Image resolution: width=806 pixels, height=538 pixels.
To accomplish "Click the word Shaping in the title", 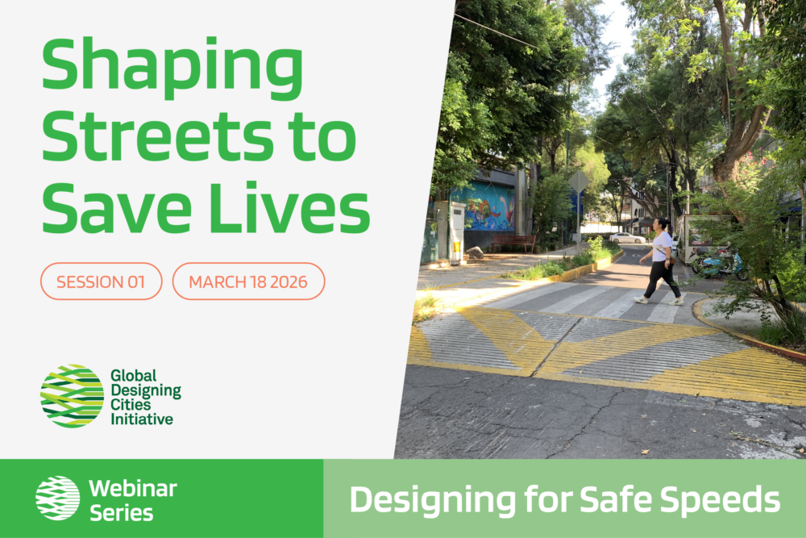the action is coord(172,69).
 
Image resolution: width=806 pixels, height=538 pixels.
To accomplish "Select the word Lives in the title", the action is coord(290,207).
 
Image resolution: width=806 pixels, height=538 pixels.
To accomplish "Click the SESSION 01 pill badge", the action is coord(102,282).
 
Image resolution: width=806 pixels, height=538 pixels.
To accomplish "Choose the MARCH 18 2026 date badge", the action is coord(248,282).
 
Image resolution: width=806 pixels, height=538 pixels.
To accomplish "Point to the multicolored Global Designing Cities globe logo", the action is coord(72,396).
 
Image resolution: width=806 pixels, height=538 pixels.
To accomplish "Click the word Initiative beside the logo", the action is coord(142,419).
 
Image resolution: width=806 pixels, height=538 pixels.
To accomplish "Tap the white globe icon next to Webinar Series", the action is coord(57,498).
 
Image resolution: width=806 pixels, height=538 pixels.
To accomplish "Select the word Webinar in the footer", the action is coord(133,489).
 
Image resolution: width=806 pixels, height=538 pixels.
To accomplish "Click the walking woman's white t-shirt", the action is coord(662,246).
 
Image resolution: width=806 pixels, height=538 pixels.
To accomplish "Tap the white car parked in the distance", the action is coord(627,238).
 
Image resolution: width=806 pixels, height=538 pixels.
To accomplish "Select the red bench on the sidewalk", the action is coord(513,242).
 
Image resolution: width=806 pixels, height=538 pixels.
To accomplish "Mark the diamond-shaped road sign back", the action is coord(579,181).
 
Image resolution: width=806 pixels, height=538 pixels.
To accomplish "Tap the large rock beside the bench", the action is coord(475,252).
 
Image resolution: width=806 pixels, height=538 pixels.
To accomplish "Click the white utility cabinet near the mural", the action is coord(456,232).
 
